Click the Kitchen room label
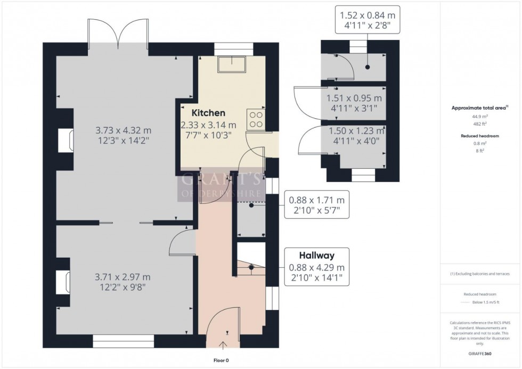point(209,113)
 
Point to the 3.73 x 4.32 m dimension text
point(123,130)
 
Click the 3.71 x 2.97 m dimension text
point(123,277)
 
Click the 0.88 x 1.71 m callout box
point(316,206)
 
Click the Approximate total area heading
point(479,108)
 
